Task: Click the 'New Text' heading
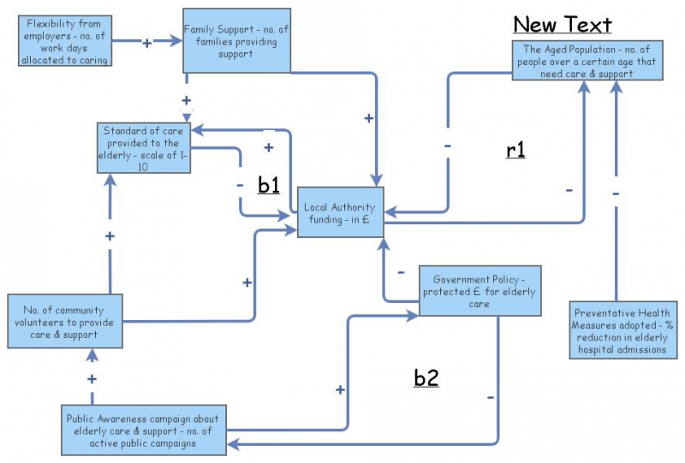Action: (x=562, y=24)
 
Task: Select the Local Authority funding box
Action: (x=341, y=211)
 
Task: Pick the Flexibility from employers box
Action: (x=64, y=40)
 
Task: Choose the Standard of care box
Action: (x=143, y=147)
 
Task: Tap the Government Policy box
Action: (x=479, y=292)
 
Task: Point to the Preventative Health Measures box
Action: (x=624, y=329)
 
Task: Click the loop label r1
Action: (x=515, y=151)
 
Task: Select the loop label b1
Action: (x=269, y=185)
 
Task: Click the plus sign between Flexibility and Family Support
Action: (x=146, y=42)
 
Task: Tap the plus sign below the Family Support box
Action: (x=187, y=100)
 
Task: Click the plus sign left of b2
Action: (x=340, y=389)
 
